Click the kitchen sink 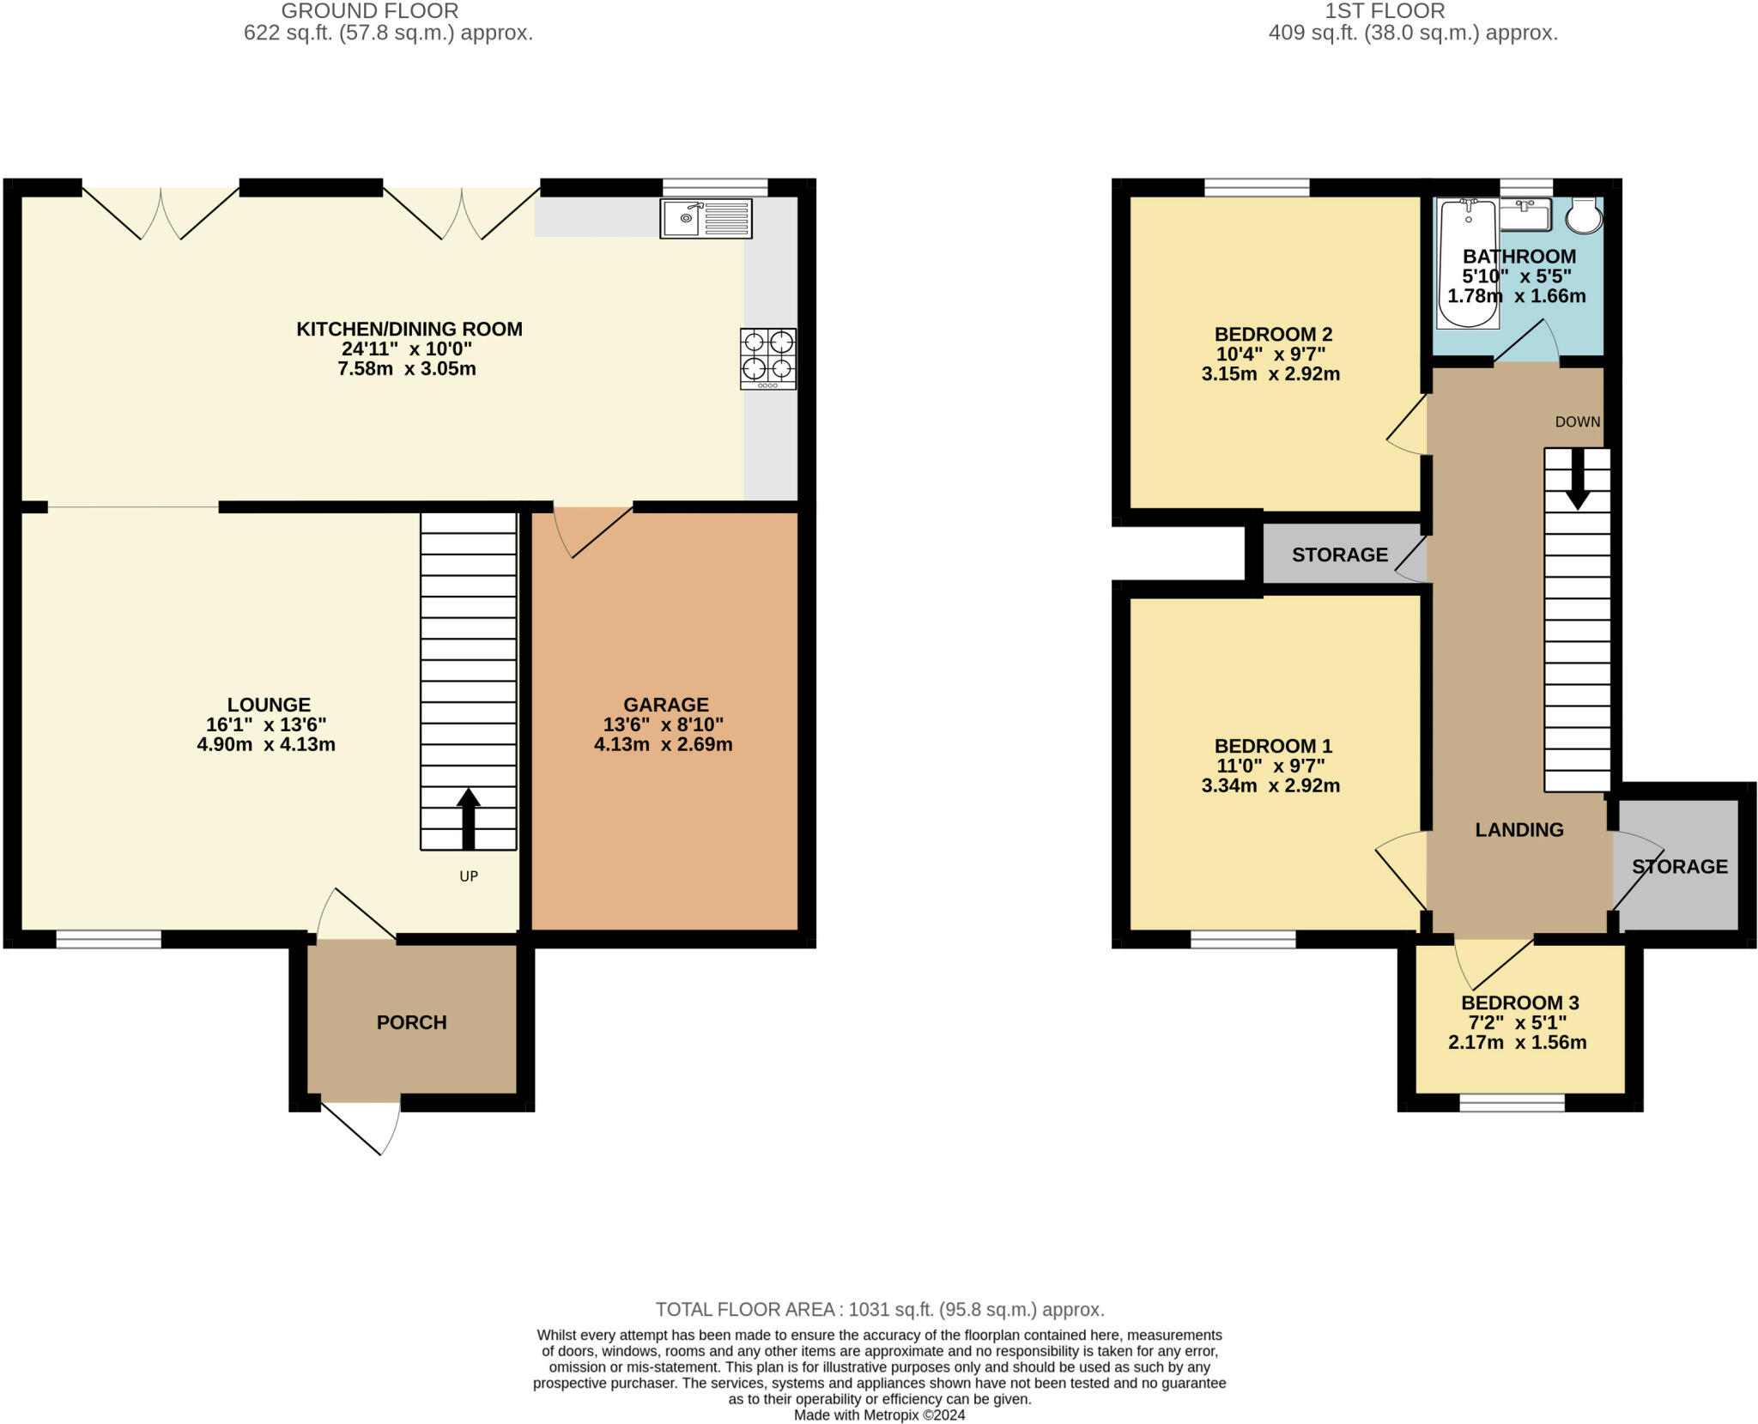point(706,219)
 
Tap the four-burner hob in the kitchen point(768,359)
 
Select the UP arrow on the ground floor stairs point(468,819)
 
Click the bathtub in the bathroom point(1468,264)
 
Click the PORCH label point(412,1022)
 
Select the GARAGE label point(666,705)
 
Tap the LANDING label point(1519,829)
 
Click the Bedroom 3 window point(1512,1103)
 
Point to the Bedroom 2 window point(1258,187)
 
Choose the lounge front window point(109,939)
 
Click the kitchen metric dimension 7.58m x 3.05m point(407,369)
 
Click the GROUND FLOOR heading point(370,11)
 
